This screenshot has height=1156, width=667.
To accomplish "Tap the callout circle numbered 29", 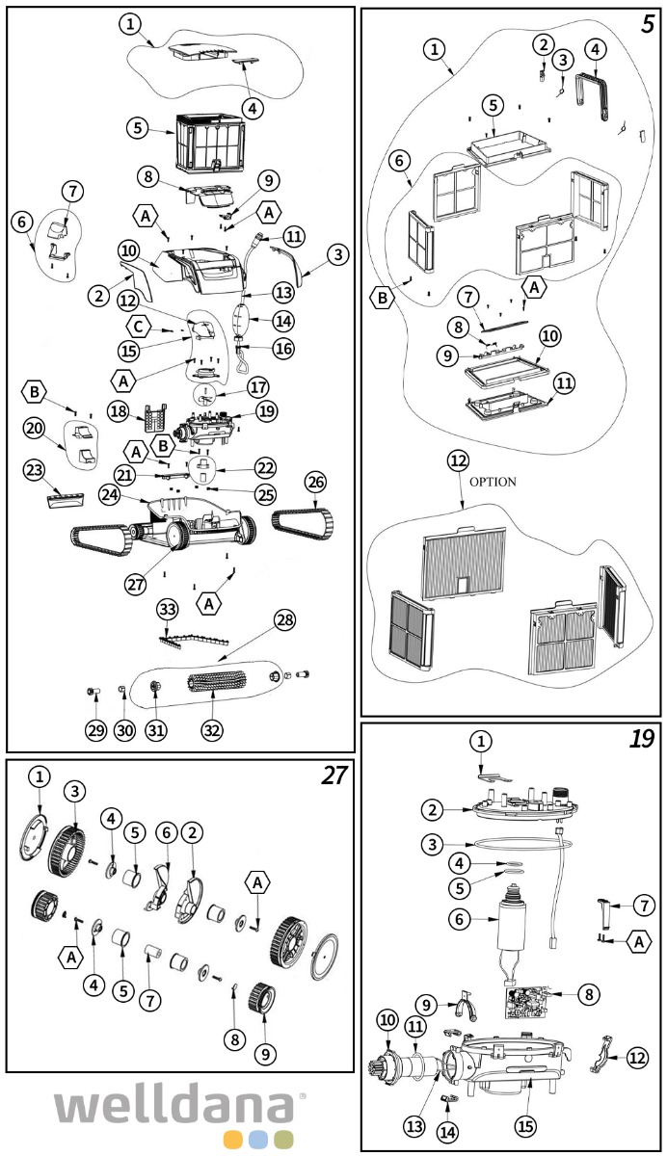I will point(95,731).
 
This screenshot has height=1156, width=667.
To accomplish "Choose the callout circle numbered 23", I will point(34,470).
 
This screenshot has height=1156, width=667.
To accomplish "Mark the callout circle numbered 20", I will point(35,427).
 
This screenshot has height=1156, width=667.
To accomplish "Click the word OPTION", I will point(494,482).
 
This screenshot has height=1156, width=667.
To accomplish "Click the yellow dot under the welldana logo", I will point(232,1139).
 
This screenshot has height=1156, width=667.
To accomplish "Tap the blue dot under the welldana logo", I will point(258,1139).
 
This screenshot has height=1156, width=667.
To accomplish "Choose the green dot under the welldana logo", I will point(284,1139).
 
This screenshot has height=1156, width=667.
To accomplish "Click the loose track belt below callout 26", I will point(302,523).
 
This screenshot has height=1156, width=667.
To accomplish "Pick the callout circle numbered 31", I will point(155,730).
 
